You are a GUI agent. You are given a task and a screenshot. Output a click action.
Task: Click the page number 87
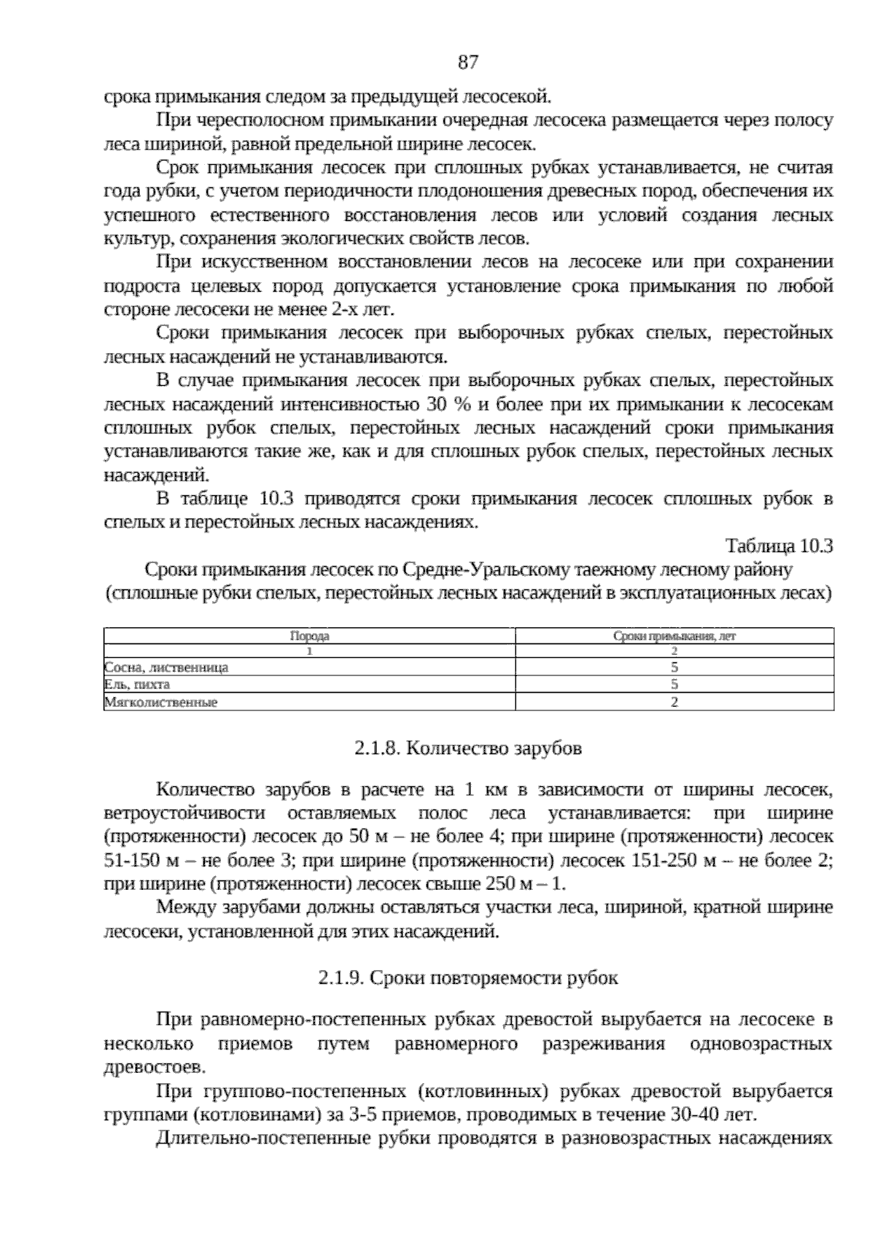point(468,63)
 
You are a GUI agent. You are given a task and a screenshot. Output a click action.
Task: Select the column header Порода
point(309,636)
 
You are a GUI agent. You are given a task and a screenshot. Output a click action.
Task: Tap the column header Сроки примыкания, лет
point(674,636)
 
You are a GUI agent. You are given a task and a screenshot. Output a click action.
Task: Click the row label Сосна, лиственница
point(166,667)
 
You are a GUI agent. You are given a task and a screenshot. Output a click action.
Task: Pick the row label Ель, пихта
point(137,685)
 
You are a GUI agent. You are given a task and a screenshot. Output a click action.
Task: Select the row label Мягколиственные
point(161,703)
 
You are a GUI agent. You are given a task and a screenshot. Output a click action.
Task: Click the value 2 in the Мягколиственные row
point(674,703)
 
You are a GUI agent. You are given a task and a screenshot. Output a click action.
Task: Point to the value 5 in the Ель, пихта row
point(674,685)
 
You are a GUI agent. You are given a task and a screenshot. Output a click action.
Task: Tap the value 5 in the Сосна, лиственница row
point(674,667)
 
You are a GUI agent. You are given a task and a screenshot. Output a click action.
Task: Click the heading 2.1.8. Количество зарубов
point(468,748)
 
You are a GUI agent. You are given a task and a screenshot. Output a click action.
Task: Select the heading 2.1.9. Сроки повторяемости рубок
point(468,978)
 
